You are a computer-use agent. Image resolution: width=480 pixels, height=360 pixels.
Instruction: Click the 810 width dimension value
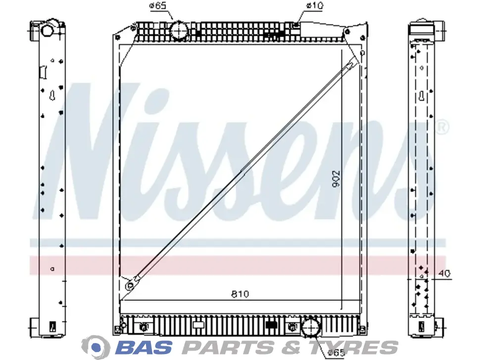pos(240,294)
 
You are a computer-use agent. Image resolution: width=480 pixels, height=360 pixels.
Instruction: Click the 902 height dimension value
pos(336,179)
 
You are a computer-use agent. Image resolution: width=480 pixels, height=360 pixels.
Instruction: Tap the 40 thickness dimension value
pos(444,273)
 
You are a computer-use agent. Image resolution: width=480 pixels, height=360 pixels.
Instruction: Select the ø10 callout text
pos(314,5)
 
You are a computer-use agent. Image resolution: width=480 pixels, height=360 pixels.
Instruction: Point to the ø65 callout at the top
pos(157,5)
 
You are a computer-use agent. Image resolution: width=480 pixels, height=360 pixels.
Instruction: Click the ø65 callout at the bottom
pos(336,353)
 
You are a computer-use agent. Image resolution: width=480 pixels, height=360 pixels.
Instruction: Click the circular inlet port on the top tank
pos(179,30)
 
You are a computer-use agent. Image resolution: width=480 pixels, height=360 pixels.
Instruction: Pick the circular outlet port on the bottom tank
pos(311,327)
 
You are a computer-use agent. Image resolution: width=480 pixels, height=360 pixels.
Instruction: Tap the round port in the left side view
pos(47,30)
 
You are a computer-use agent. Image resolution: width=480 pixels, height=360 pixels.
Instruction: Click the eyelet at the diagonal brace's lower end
pos(130,286)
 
